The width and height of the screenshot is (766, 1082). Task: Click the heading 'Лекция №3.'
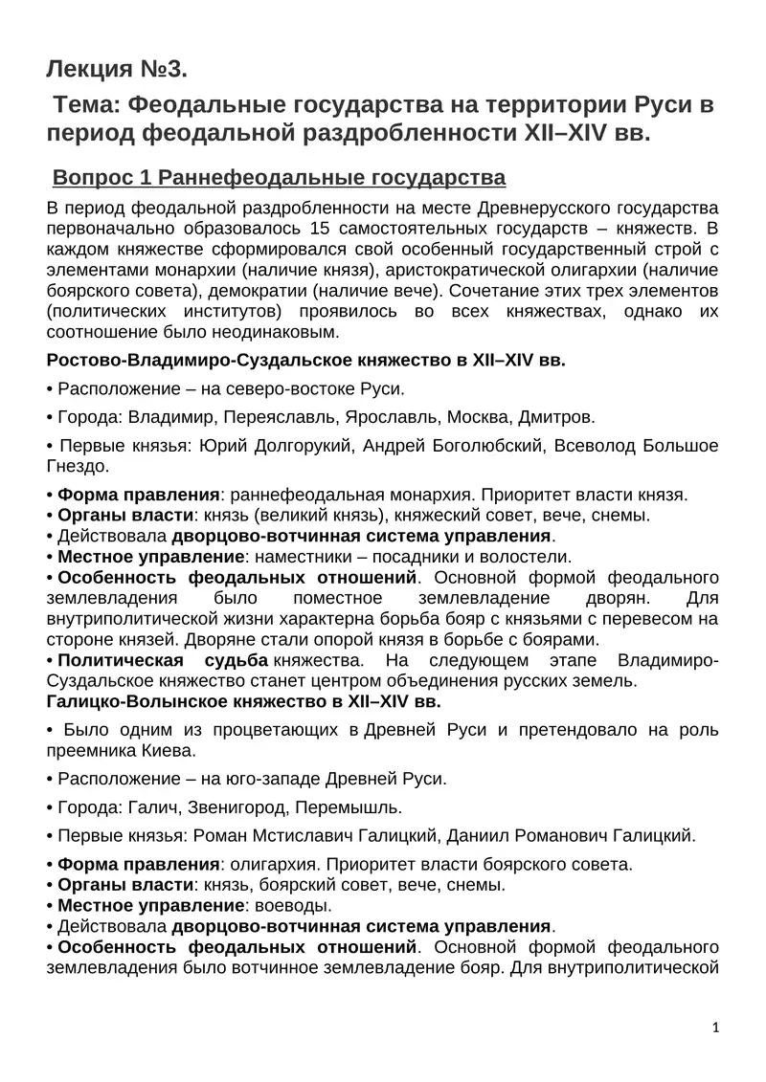tap(116, 69)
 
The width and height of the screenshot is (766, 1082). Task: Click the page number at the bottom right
tap(715, 1027)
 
